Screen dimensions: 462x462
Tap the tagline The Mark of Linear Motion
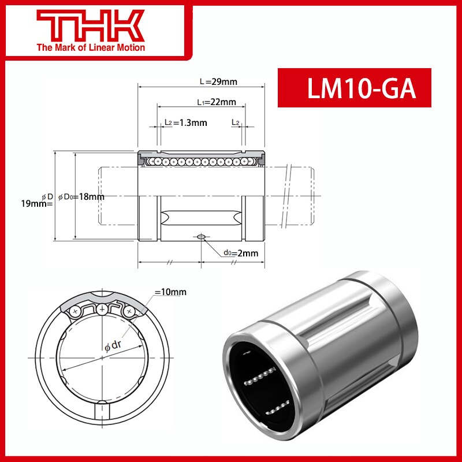click(x=91, y=47)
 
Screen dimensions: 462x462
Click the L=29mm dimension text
click(x=218, y=82)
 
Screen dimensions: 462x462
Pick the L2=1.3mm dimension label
click(x=185, y=122)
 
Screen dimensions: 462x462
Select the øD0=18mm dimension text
click(x=81, y=197)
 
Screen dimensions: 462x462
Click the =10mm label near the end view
click(x=170, y=292)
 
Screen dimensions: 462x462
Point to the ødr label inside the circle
click(x=112, y=347)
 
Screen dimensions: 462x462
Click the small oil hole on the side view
click(x=201, y=237)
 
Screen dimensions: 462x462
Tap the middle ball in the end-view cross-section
click(x=102, y=310)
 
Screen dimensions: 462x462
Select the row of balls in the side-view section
click(x=201, y=161)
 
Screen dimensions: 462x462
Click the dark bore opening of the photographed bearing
click(x=254, y=381)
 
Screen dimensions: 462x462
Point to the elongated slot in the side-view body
click(x=201, y=218)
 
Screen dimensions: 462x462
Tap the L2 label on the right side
click(x=236, y=122)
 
